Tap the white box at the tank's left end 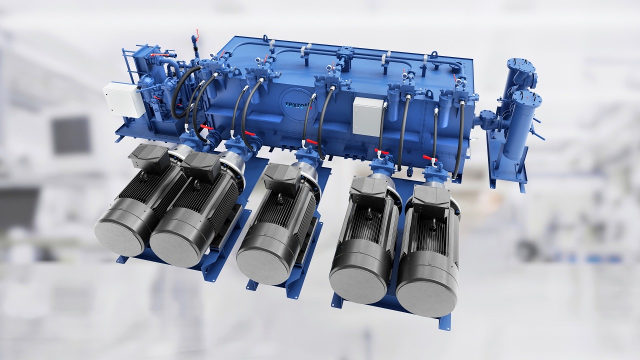123,100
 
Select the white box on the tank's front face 367,116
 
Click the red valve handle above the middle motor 311,142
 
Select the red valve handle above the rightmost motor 429,158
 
